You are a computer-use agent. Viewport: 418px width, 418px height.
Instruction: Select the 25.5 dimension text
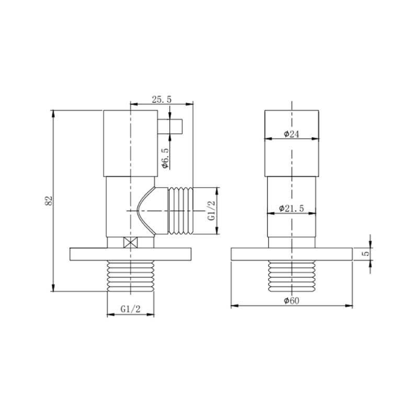(161, 99)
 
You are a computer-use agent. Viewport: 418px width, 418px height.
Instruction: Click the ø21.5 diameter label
(291, 208)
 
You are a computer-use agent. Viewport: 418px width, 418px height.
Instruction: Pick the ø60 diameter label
(291, 301)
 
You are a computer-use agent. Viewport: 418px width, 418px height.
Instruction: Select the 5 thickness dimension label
(366, 253)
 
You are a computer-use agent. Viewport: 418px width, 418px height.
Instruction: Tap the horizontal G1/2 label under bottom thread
(130, 309)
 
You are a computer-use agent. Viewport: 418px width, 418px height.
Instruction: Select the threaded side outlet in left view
(180, 210)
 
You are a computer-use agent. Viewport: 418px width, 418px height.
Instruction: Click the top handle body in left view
(130, 144)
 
